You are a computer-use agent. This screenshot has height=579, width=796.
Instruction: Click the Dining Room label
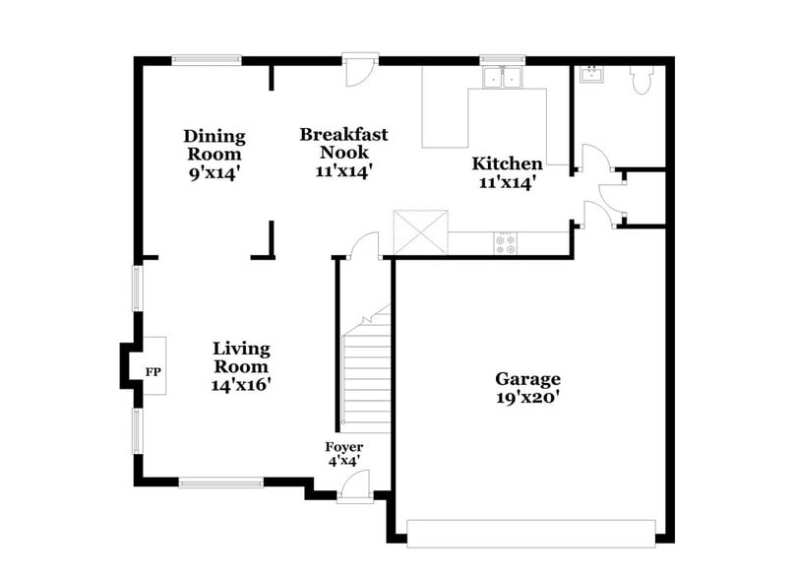click(x=214, y=145)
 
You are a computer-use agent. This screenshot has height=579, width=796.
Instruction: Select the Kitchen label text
click(x=507, y=163)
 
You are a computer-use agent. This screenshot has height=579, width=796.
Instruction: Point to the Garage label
click(x=527, y=379)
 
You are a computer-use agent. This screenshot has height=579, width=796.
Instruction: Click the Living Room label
click(x=241, y=357)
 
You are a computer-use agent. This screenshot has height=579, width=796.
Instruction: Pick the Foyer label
click(x=343, y=448)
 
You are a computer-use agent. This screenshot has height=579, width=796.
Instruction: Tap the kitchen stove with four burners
click(x=506, y=243)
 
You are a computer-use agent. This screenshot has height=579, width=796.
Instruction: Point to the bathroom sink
click(x=592, y=75)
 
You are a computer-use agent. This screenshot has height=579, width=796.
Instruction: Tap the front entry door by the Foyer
click(x=354, y=487)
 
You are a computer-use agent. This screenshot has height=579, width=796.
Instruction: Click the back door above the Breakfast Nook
click(x=360, y=66)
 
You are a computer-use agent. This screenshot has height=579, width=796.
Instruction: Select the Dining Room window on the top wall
click(x=207, y=59)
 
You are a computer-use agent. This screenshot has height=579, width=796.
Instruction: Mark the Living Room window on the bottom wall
click(x=220, y=482)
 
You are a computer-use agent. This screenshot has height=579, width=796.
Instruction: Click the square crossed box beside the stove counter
click(x=420, y=232)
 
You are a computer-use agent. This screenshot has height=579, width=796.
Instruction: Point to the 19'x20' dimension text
click(x=527, y=398)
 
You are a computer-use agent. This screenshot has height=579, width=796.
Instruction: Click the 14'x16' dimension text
click(x=241, y=385)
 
